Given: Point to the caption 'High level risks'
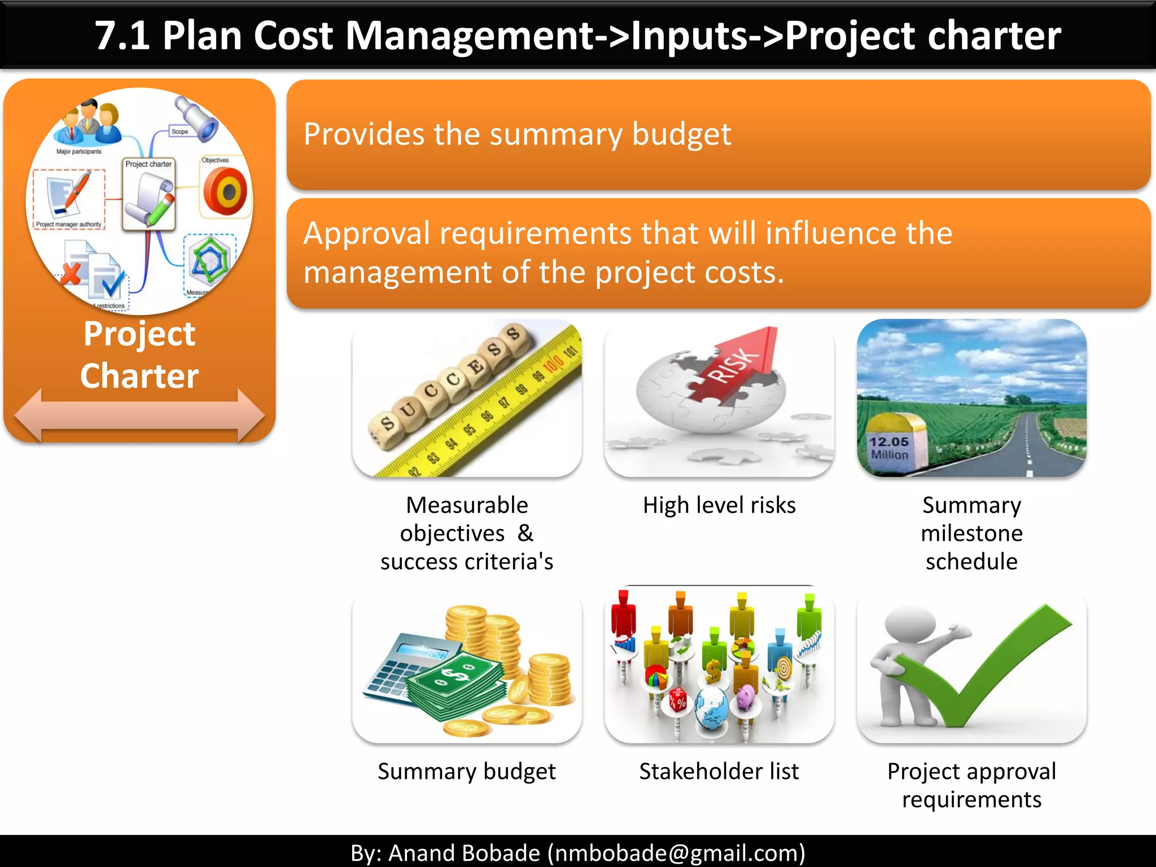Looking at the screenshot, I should tap(719, 505).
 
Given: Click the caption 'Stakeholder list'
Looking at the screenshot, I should tap(719, 771).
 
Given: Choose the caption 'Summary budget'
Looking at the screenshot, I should tap(467, 771).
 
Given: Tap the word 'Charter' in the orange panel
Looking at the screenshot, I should tap(139, 376).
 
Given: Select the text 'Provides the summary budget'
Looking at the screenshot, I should tap(517, 134).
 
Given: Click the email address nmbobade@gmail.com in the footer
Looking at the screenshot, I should tap(676, 852).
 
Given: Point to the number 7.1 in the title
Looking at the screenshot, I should tap(122, 36).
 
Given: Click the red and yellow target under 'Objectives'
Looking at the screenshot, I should tap(225, 192).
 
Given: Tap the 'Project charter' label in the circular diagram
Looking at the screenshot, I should tap(148, 164).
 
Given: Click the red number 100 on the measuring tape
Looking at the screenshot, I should tap(553, 364).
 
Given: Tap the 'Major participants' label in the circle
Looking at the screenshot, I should tap(79, 151).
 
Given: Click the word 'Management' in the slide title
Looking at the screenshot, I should tap(468, 36).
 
